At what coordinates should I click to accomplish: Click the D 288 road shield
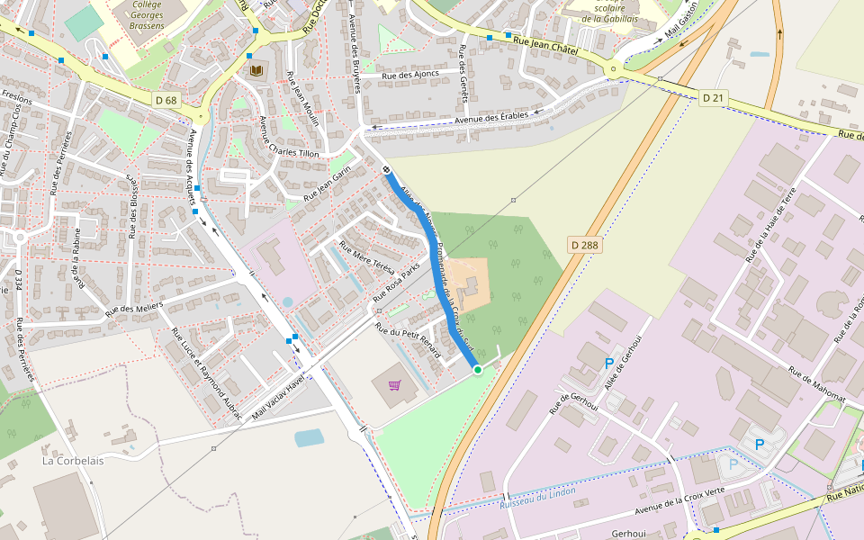point(585,245)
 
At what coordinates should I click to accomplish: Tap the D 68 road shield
point(166,100)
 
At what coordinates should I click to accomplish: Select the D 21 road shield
point(713,97)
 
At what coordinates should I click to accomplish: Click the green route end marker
point(477,369)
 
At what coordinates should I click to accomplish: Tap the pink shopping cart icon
point(394,385)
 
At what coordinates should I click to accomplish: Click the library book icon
point(256,69)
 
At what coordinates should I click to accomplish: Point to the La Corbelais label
point(73,460)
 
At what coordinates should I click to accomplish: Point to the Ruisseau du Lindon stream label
point(537,499)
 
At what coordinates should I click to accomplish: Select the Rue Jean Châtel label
point(545,42)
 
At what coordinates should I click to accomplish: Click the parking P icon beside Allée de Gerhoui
point(609,364)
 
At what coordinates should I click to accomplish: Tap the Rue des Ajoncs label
point(410,74)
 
